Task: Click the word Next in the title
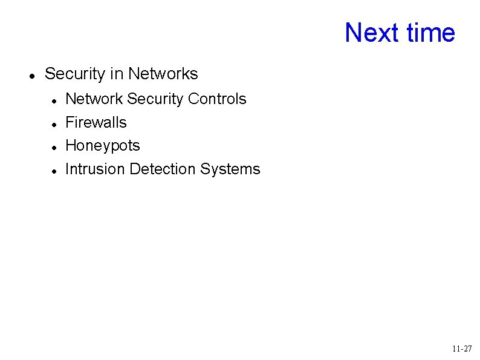pos(372,33)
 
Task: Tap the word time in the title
pos(430,33)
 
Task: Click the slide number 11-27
pos(462,349)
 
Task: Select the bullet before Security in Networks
pos(30,76)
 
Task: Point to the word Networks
pos(163,74)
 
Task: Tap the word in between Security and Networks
pos(117,74)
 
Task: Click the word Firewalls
pos(96,122)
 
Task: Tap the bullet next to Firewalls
pos(54,124)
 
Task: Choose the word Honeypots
pos(102,146)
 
